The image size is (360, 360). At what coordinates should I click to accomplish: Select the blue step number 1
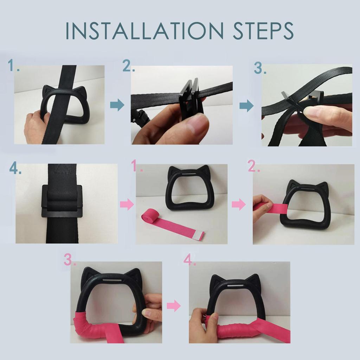click(13, 66)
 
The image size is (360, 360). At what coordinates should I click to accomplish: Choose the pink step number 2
click(253, 167)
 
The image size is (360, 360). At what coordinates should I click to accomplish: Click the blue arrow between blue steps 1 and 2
click(117, 105)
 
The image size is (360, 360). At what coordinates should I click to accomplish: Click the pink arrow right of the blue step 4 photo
click(127, 204)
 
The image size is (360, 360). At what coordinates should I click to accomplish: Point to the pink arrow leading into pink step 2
click(238, 204)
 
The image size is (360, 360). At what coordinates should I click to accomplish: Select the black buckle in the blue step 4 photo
click(62, 201)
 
